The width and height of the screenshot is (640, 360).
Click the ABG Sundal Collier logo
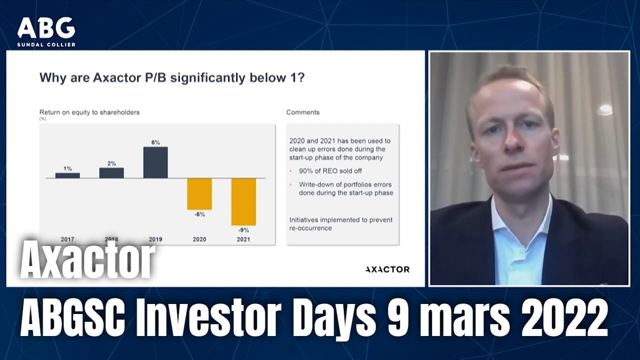click(x=46, y=32)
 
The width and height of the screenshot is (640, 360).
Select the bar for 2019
click(x=155, y=162)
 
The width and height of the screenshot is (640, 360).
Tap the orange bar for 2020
click(x=199, y=193)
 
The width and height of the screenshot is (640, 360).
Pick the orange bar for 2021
click(x=243, y=201)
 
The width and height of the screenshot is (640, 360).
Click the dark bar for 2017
click(x=67, y=175)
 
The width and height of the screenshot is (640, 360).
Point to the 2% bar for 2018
click(x=111, y=173)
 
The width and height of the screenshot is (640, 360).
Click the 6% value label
click(x=155, y=142)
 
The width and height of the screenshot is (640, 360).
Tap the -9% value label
click(x=243, y=230)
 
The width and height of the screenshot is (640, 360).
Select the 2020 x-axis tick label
click(x=199, y=239)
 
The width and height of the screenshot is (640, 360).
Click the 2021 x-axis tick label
click(x=243, y=239)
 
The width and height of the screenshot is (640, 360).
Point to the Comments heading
click(x=302, y=112)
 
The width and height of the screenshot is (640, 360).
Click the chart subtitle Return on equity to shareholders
click(x=89, y=112)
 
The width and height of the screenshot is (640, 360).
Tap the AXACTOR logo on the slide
click(x=387, y=269)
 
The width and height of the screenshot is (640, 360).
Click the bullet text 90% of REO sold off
click(x=330, y=171)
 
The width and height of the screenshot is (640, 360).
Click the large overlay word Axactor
click(x=87, y=261)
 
